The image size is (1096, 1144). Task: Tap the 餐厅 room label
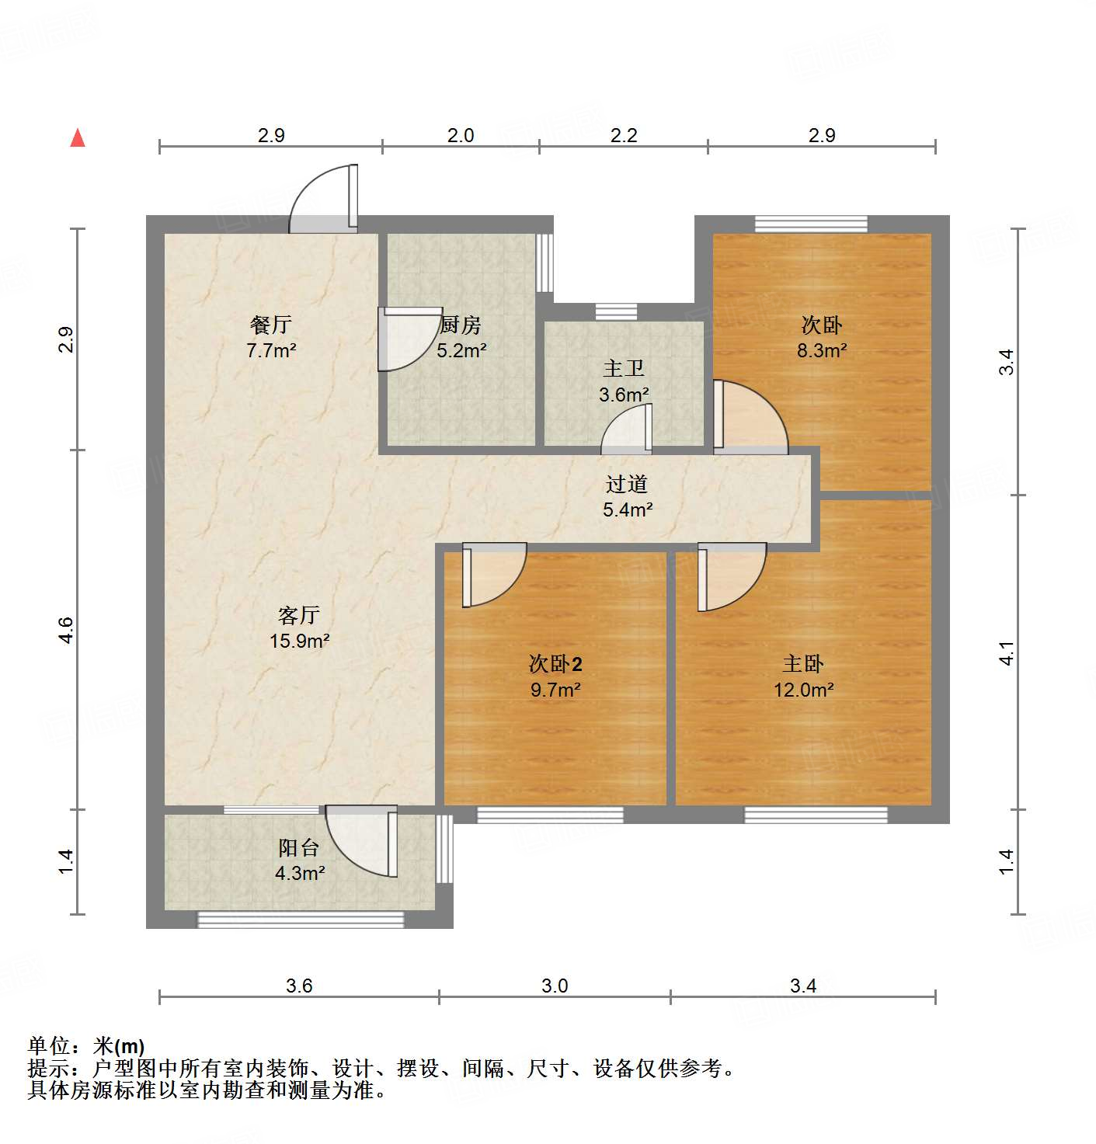[271, 324]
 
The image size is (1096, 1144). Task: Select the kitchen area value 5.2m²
[461, 350]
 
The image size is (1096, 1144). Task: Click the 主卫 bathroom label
[624, 369]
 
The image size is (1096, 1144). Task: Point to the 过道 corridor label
[627, 485]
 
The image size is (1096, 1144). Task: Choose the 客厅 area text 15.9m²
[299, 641]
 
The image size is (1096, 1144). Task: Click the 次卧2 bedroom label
[555, 664]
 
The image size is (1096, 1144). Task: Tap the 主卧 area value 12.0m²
[803, 690]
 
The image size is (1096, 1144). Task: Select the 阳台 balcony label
[299, 848]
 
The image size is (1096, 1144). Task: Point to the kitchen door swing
[405, 339]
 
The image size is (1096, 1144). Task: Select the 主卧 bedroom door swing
[729, 575]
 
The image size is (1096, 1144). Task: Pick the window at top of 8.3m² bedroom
[811, 224]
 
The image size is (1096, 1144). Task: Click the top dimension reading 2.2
[624, 136]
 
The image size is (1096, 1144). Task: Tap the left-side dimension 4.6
[66, 629]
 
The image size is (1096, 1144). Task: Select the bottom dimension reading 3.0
[555, 986]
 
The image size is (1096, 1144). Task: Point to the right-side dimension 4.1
[1007, 652]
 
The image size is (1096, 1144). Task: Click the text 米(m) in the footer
[119, 1046]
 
